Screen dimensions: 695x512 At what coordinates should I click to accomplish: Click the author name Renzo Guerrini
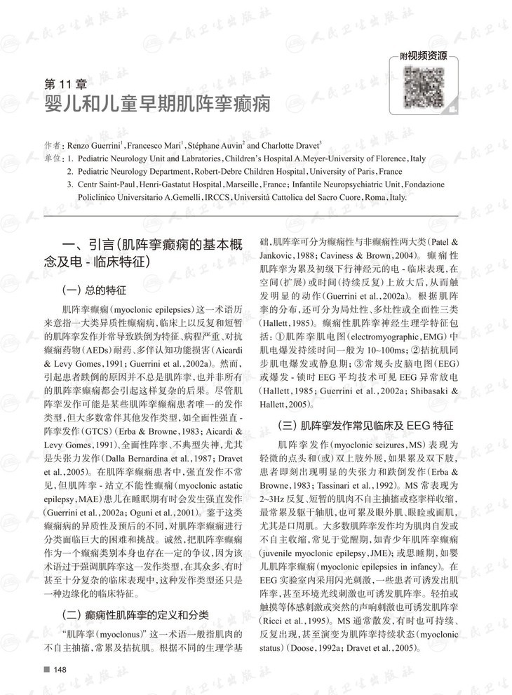pos(94,145)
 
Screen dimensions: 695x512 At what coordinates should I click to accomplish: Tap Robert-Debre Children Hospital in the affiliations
pos(251,171)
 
